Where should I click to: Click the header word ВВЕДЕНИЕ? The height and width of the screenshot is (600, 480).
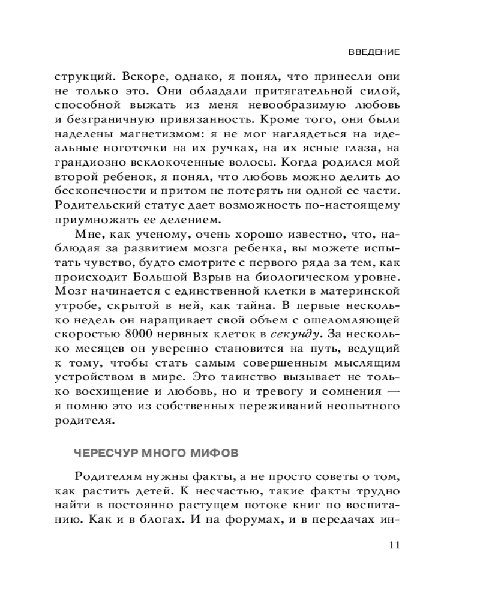click(x=374, y=52)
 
